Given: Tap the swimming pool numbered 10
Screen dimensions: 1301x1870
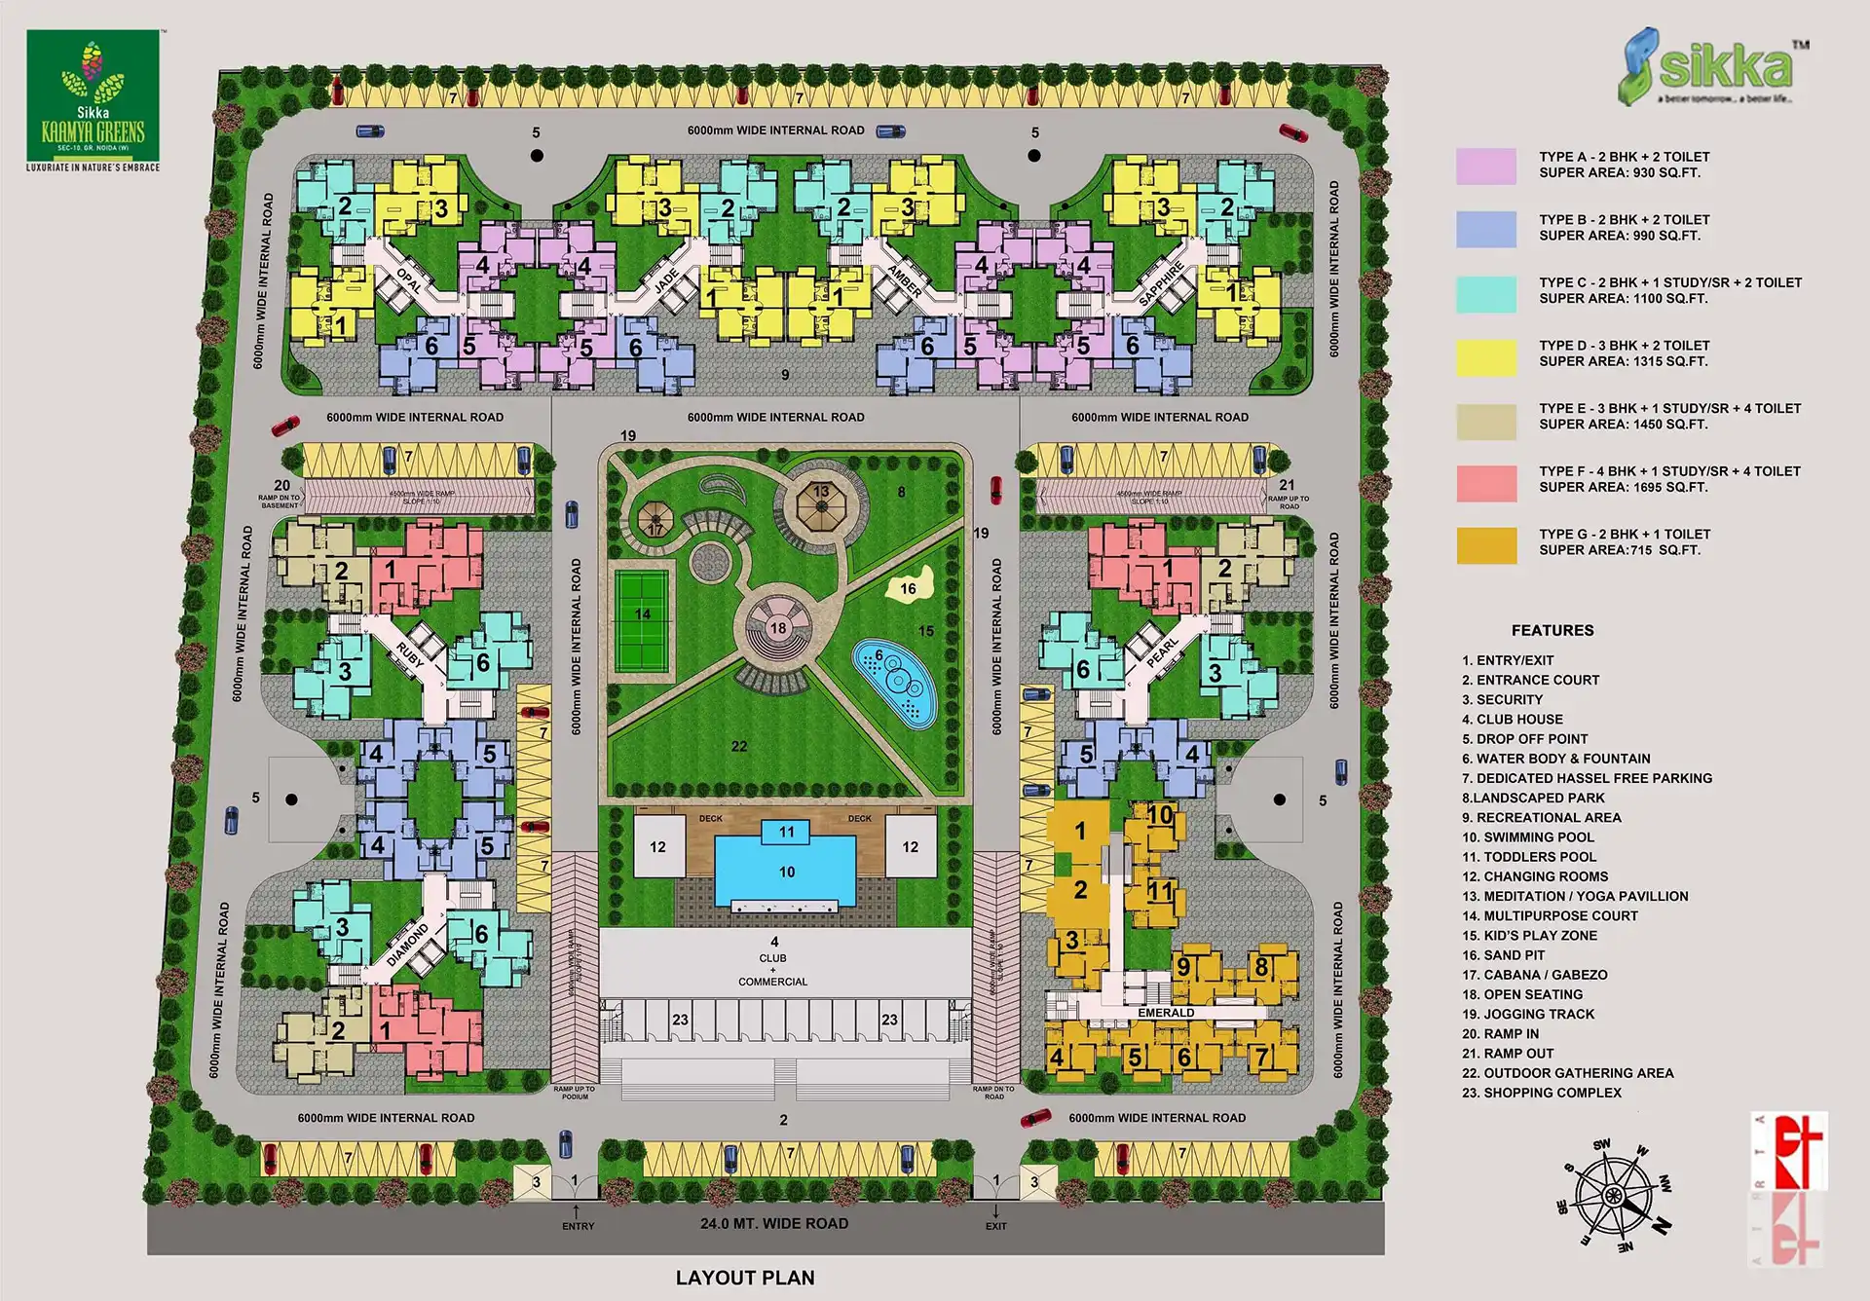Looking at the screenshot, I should click(786, 871).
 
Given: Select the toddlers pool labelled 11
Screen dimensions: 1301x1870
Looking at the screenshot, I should click(786, 832).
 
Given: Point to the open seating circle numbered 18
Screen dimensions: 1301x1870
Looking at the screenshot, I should click(777, 628).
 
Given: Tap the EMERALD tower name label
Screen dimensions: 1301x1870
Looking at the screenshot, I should click(1166, 1013).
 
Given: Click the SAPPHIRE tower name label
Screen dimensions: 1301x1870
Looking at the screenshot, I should click(1161, 283).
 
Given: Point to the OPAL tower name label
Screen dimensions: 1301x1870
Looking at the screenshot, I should click(409, 280).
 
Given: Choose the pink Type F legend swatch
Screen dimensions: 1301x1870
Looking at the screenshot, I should click(1486, 483).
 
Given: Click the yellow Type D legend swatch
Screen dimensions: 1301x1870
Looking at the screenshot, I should click(1486, 357).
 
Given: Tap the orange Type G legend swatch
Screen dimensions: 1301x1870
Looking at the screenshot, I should click(1486, 545).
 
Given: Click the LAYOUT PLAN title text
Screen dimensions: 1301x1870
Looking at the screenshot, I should click(745, 1278).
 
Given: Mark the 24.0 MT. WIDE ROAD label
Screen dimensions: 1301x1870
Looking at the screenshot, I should click(774, 1223).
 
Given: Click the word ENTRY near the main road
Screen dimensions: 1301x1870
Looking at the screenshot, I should click(578, 1226).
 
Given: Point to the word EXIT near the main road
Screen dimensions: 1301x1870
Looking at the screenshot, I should click(995, 1226).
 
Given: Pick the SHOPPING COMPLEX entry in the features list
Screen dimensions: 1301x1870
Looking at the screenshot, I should click(1542, 1093).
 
